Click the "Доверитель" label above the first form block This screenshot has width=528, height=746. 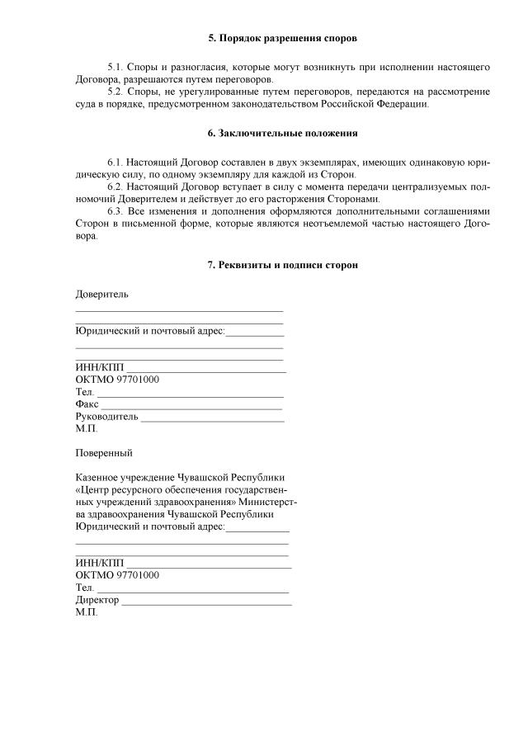pyautogui.click(x=101, y=294)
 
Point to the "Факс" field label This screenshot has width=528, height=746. pyautogui.click(x=87, y=404)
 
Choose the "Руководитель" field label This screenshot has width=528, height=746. pyautogui.click(x=106, y=417)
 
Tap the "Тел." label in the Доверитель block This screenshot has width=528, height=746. pyautogui.click(x=84, y=392)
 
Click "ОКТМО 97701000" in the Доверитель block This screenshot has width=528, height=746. pyautogui.click(x=117, y=380)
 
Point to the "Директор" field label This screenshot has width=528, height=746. pyautogui.click(x=97, y=599)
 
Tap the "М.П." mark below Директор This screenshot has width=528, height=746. pyautogui.click(x=86, y=612)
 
